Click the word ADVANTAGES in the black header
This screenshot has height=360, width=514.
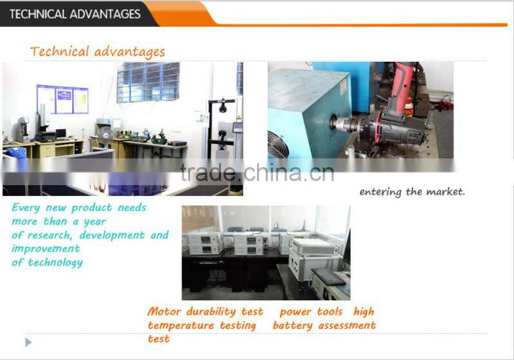(105, 14)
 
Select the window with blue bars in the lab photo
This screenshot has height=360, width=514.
(148, 82)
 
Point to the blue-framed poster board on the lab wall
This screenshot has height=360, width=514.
(63, 100)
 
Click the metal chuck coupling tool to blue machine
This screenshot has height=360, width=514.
(351, 124)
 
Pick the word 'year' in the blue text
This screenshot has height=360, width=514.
(93, 221)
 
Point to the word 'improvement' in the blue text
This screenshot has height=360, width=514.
(46, 248)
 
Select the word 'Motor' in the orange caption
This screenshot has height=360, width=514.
(164, 311)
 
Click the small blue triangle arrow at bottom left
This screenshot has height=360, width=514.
(28, 342)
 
